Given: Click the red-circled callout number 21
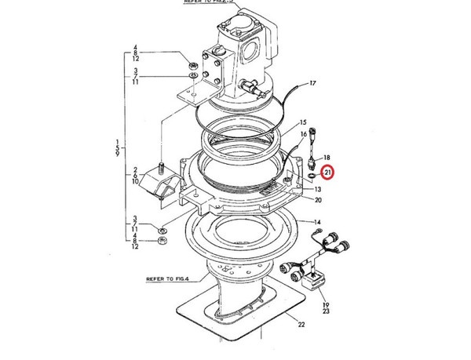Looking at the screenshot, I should [x=328, y=172].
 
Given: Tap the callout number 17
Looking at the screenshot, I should [x=312, y=82].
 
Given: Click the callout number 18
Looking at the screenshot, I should [x=327, y=158].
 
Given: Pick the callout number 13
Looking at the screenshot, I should [x=318, y=189].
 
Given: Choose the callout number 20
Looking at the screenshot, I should [x=318, y=200].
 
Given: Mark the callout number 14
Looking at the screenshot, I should [x=318, y=223].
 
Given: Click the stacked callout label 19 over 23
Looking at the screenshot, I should [x=327, y=308].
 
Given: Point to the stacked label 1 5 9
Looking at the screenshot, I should [x=117, y=144].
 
